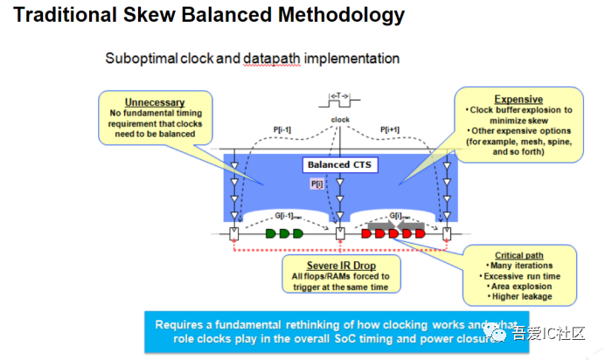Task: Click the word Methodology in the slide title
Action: point(334,16)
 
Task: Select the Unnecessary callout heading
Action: point(155,102)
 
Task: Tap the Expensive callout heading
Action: point(518,100)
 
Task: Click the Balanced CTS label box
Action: point(340,163)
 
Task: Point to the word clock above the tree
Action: point(340,120)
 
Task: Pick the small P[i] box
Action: point(316,184)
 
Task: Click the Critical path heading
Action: point(519,255)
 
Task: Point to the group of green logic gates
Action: point(283,233)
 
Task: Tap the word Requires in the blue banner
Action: point(180,323)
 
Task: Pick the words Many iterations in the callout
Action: point(522,266)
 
